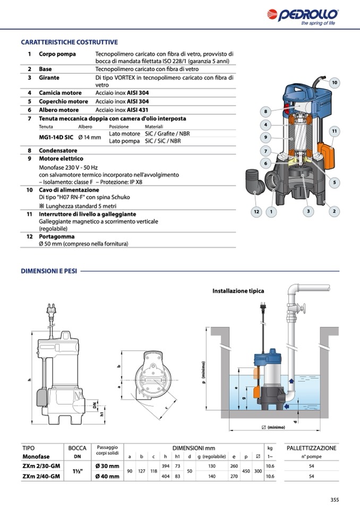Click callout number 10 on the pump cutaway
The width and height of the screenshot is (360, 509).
[334, 83]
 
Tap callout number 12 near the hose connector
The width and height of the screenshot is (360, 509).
[256, 212]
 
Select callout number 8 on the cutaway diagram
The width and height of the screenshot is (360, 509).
[265, 111]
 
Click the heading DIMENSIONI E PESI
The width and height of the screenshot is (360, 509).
[49, 271]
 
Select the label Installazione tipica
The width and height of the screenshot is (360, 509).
[238, 291]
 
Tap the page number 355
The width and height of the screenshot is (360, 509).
[334, 499]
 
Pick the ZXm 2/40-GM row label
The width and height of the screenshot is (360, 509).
[41, 476]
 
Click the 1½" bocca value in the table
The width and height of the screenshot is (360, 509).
[78, 471]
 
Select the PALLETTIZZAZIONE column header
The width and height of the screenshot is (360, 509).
[311, 448]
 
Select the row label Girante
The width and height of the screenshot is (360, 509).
[48, 77]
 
